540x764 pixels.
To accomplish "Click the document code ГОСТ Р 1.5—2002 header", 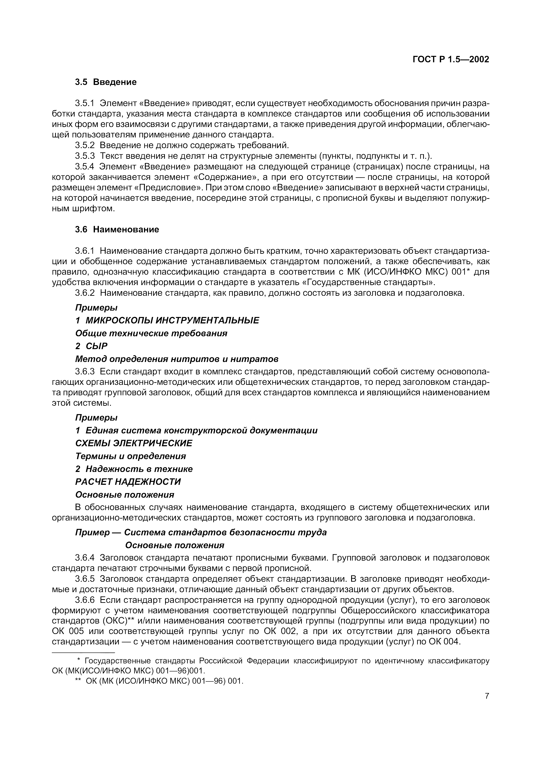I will [451, 59].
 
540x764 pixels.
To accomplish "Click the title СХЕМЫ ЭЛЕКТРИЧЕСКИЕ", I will [134, 443].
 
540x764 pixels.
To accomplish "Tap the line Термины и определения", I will [130, 456].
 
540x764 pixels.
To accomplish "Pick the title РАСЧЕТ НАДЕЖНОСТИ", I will [128, 482].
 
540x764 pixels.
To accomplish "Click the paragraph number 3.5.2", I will [85, 145].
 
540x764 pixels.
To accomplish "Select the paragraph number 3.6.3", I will [85, 371].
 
